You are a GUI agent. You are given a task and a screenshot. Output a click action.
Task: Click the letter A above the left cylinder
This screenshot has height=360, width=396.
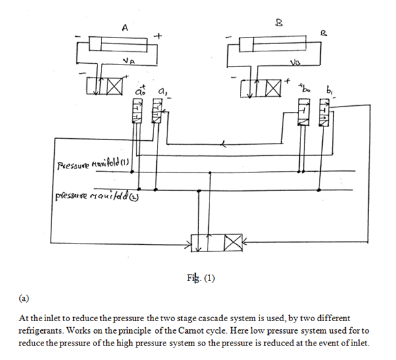pos(125,27)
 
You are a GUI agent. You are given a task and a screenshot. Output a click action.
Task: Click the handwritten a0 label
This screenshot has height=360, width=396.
pos(139,88)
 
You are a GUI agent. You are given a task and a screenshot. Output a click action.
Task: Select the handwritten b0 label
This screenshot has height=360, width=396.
pos(302,87)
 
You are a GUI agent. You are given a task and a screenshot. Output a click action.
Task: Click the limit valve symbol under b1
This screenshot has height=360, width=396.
pos(323,115)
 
